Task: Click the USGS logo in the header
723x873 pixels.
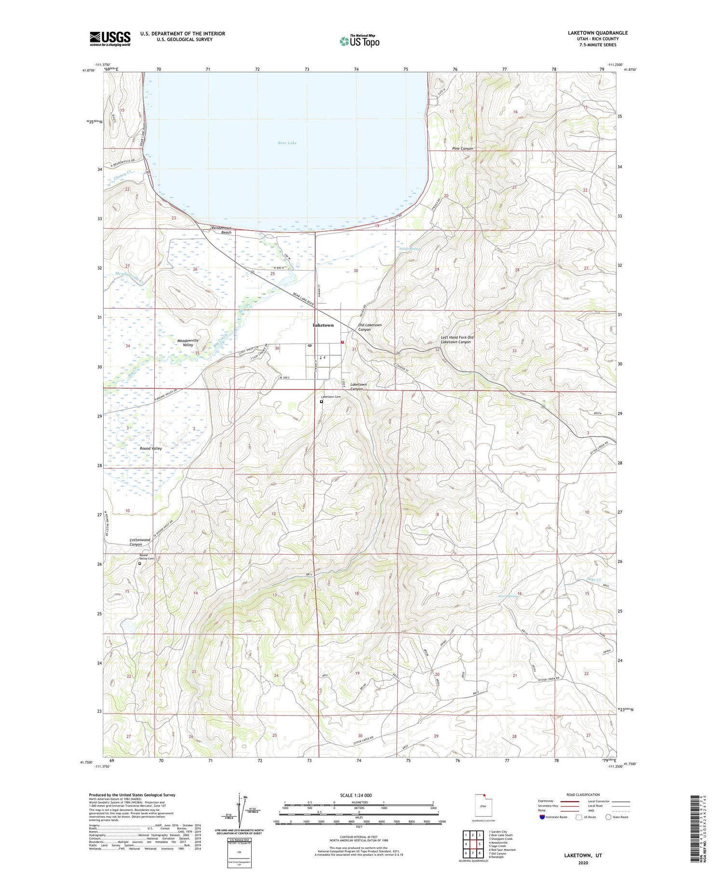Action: [110, 39]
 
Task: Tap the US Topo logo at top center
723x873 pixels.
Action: [359, 41]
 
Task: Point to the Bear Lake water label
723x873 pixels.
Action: [287, 143]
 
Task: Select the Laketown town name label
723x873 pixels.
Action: [323, 326]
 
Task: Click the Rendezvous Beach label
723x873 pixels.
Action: [222, 230]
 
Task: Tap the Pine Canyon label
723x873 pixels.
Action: [462, 149]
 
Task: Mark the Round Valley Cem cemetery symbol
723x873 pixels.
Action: [140, 563]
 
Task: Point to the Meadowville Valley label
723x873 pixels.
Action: [188, 343]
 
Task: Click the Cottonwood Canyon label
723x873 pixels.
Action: [140, 542]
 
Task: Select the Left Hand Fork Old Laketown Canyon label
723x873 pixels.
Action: [457, 339]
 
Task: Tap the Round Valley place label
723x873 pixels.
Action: [151, 448]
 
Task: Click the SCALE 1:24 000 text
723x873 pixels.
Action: [356, 795]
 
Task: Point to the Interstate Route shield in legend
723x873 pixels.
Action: [542, 817]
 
